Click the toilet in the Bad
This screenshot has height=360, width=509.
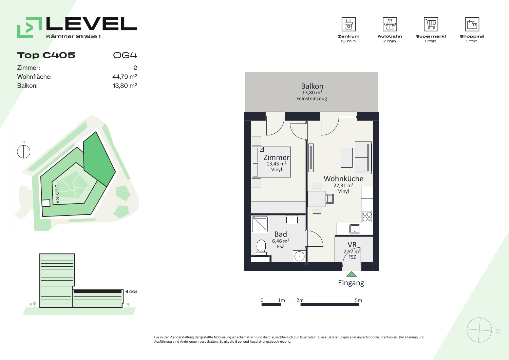click(x=261, y=247)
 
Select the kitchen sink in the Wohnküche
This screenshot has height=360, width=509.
click(x=355, y=229)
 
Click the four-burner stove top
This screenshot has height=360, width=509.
click(x=367, y=216)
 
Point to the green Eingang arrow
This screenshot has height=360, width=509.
click(x=351, y=274)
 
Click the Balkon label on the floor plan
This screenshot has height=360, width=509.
click(x=312, y=86)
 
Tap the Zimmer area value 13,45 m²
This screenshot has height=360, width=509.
click(x=276, y=164)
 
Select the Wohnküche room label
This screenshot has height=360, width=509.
click(x=343, y=178)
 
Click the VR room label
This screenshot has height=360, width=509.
click(x=352, y=245)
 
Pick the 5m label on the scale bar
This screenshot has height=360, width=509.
click(x=358, y=300)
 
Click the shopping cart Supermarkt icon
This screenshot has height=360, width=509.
click(x=431, y=24)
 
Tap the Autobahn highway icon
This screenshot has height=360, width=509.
click(x=390, y=24)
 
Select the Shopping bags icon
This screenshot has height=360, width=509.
click(x=472, y=24)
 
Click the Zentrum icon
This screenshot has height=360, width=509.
click(x=348, y=24)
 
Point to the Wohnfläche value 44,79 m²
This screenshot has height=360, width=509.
click(x=125, y=77)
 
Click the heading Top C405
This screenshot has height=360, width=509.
click(x=46, y=55)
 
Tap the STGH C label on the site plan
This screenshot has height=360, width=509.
click(x=57, y=192)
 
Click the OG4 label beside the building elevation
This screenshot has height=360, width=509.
click(x=133, y=291)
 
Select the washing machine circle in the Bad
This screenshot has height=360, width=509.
click(x=299, y=257)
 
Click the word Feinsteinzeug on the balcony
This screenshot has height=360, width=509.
click(x=312, y=99)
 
